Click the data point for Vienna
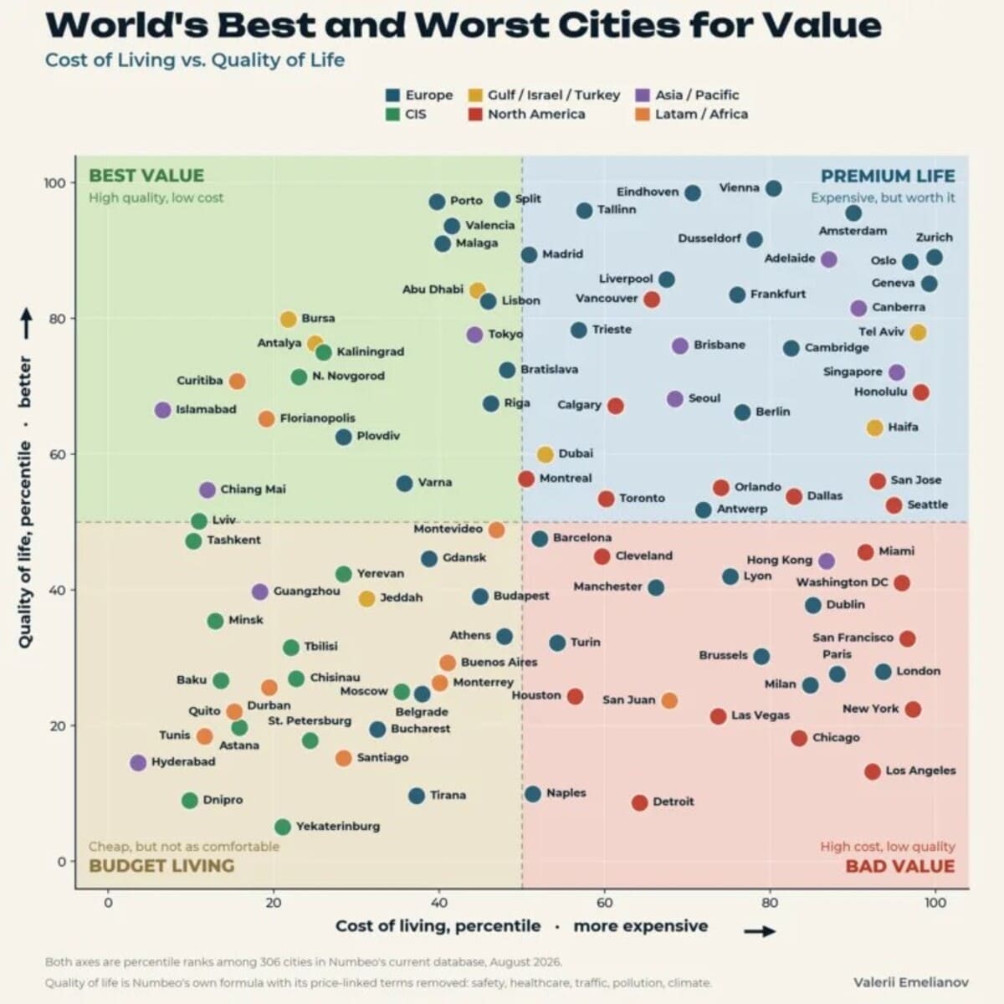point(774,188)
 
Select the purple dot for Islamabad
point(163,410)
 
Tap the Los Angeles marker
point(873,771)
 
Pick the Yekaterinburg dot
point(283,827)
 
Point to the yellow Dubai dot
point(545,454)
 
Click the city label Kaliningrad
point(371,351)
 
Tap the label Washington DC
point(842,582)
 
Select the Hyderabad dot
point(138,763)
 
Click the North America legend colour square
point(475,114)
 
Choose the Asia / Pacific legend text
point(697,95)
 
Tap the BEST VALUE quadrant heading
point(146,176)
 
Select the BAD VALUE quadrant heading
point(900,867)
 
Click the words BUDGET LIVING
point(161,866)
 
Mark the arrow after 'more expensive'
point(761,931)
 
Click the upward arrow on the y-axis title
point(27,323)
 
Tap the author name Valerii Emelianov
point(911,982)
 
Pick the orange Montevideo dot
point(496,530)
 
